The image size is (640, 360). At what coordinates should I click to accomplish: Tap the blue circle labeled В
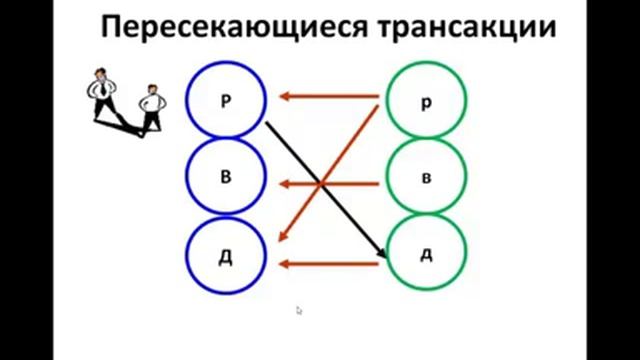pyautogui.click(x=225, y=177)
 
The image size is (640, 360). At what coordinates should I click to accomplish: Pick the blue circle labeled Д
pyautogui.click(x=225, y=255)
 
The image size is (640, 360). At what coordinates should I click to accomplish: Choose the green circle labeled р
pyautogui.click(x=425, y=101)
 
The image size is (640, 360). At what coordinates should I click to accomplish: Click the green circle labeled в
pyautogui.click(x=425, y=177)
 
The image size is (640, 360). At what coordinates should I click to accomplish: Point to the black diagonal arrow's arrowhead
pyautogui.click(x=382, y=255)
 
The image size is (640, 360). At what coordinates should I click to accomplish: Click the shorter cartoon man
pyautogui.click(x=151, y=106)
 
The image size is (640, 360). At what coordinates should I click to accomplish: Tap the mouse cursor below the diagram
pyautogui.click(x=299, y=310)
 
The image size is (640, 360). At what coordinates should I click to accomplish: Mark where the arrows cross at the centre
pyautogui.click(x=321, y=183)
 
